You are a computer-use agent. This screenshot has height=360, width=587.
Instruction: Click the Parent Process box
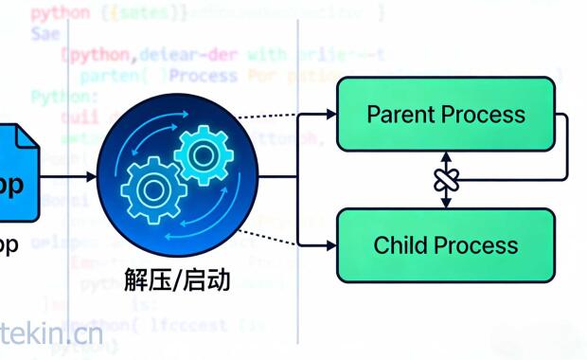(445, 114)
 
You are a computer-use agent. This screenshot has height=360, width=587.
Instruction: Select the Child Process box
(445, 244)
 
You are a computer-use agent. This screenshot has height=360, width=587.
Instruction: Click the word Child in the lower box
(402, 245)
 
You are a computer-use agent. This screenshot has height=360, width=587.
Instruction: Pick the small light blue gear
(203, 152)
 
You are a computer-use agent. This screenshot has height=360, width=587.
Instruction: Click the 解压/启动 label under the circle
(177, 280)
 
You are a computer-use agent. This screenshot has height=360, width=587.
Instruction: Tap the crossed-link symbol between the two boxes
(446, 180)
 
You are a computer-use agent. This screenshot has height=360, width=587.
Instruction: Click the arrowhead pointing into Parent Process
(330, 115)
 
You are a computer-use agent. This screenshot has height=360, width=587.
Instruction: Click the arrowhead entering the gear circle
(91, 177)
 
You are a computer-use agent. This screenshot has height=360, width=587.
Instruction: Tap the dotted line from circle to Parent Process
(284, 117)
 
